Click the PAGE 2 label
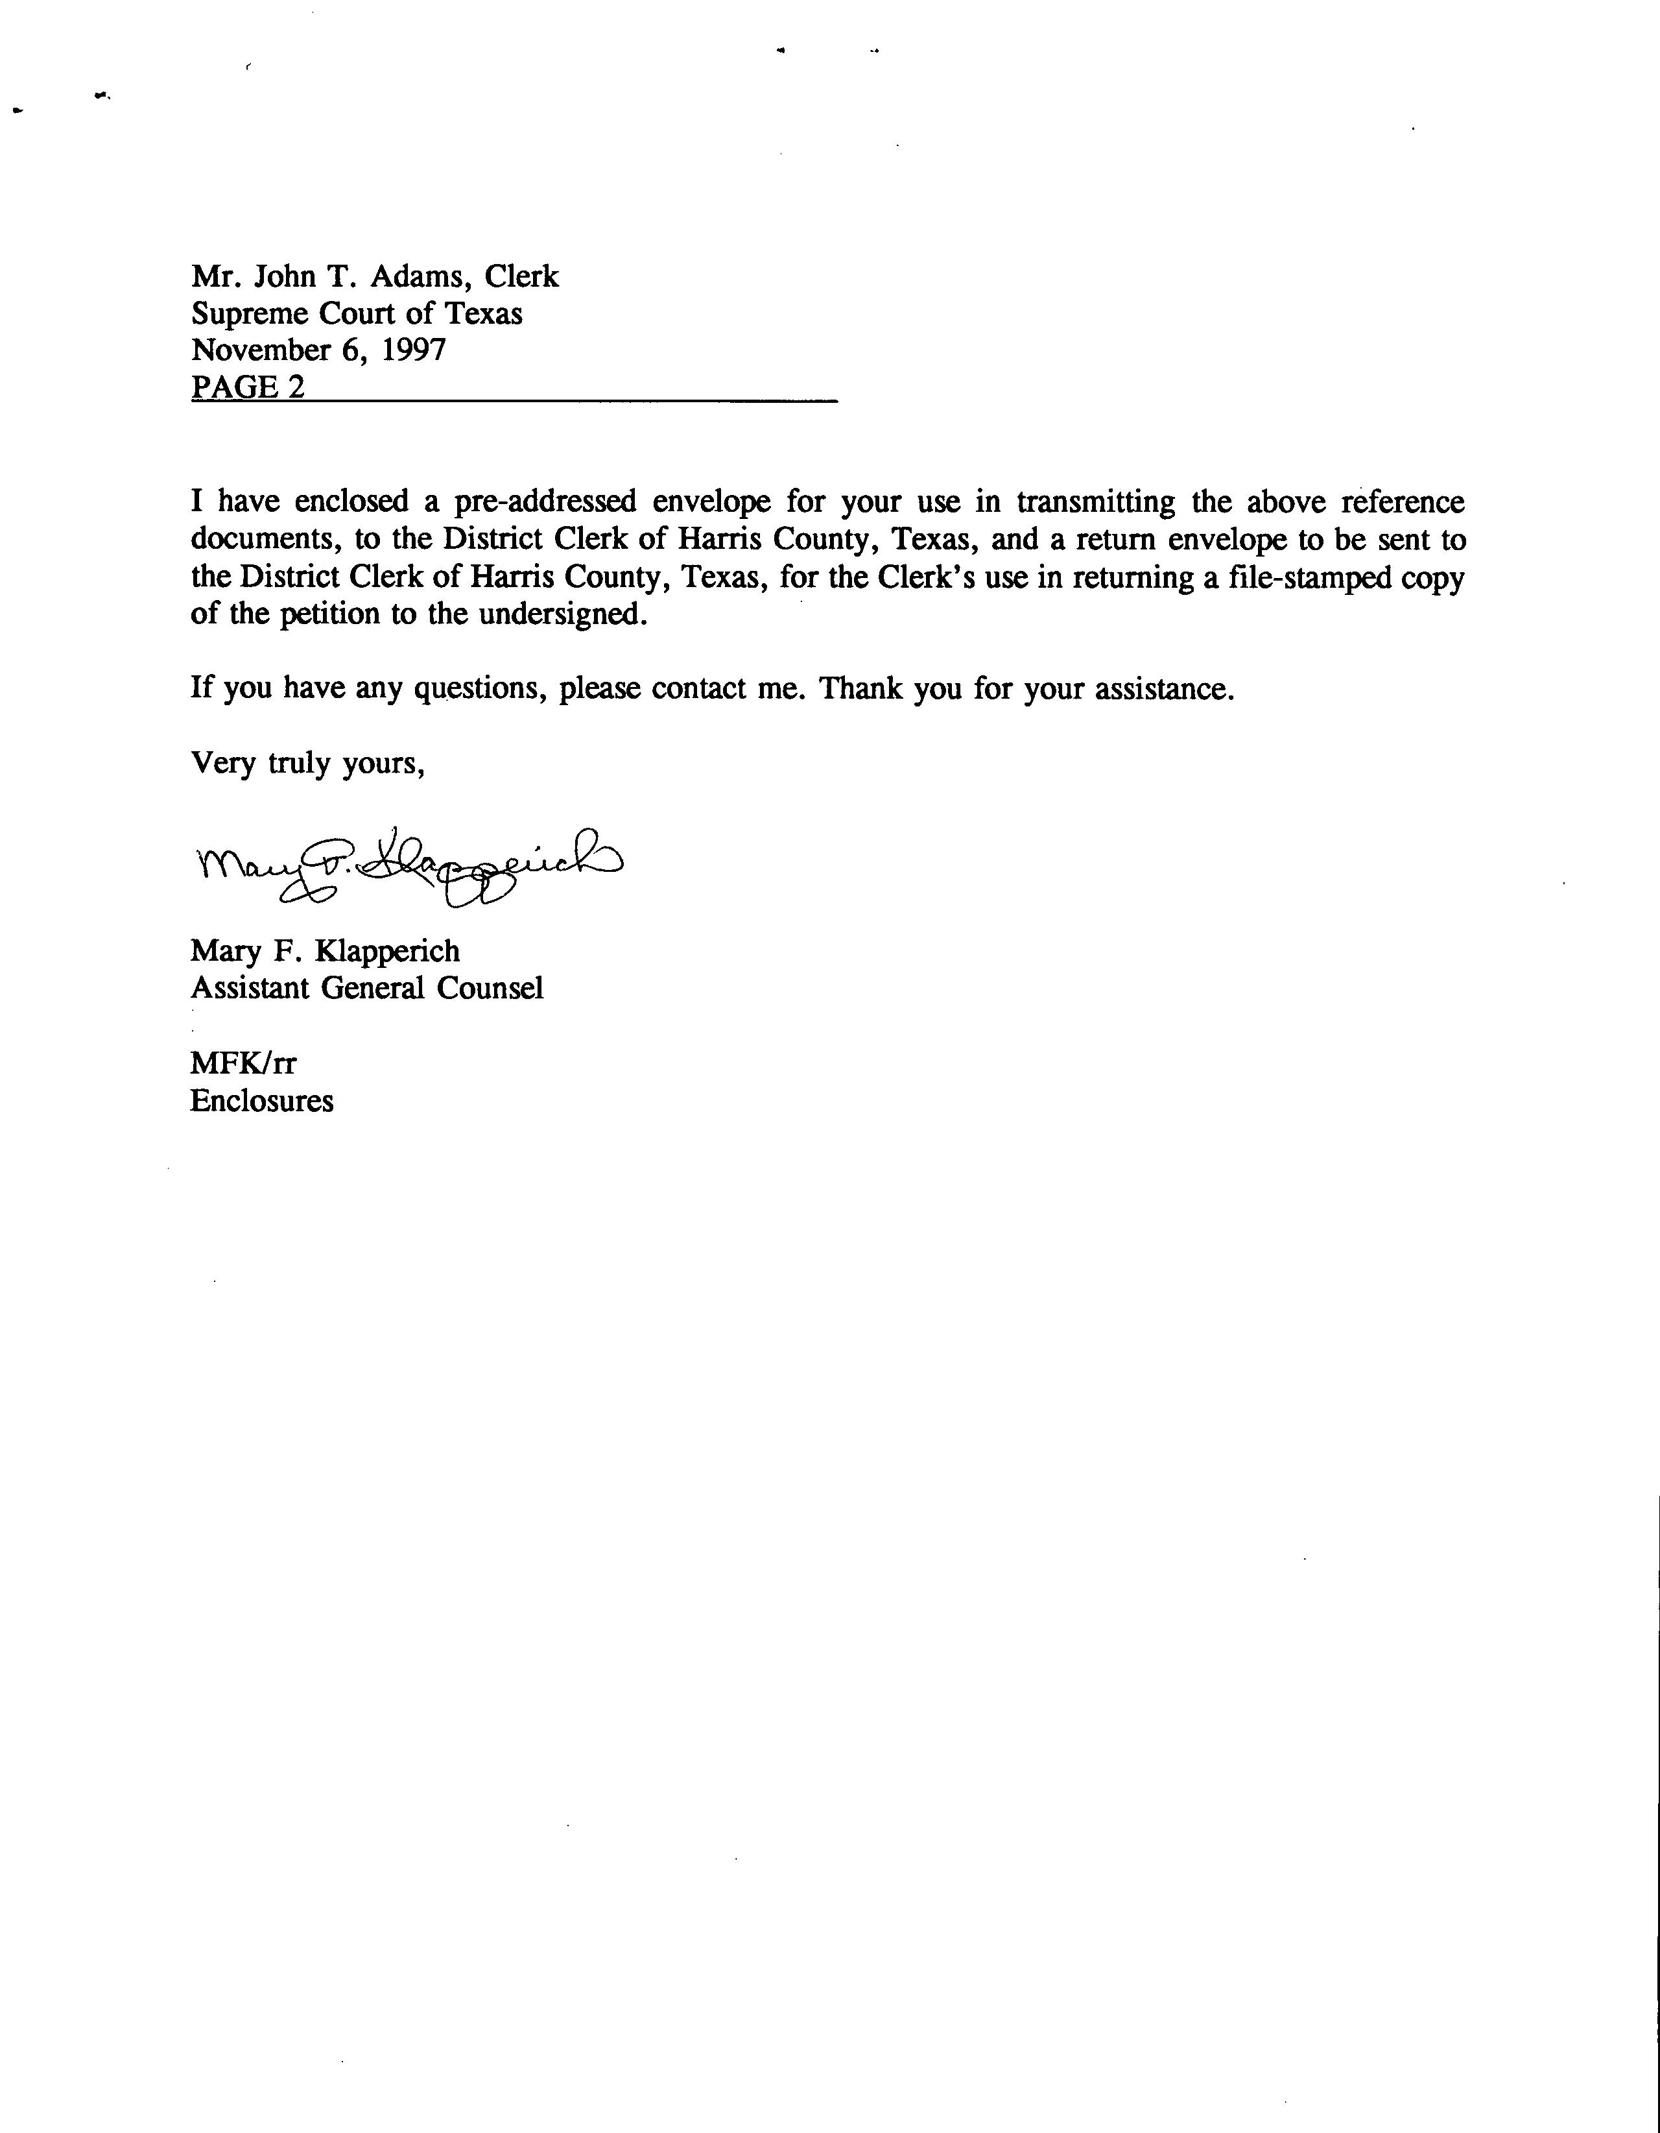click(248, 388)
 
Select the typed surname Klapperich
click(386, 951)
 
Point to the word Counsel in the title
click(490, 989)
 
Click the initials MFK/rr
click(243, 1063)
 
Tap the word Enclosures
click(262, 1102)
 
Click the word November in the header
click(261, 350)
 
